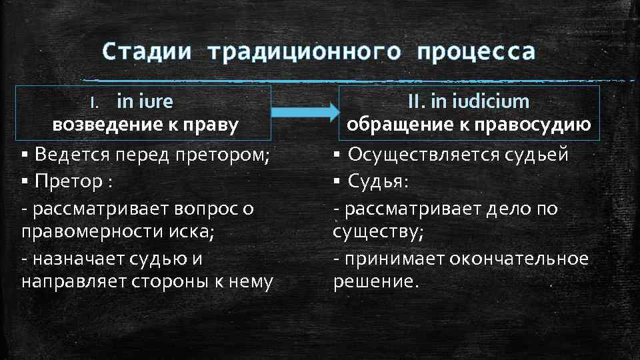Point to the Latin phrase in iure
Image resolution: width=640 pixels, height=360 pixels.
tap(145, 101)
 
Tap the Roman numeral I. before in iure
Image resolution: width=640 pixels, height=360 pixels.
tap(95, 102)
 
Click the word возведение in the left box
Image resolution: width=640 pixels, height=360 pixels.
tap(95, 125)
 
